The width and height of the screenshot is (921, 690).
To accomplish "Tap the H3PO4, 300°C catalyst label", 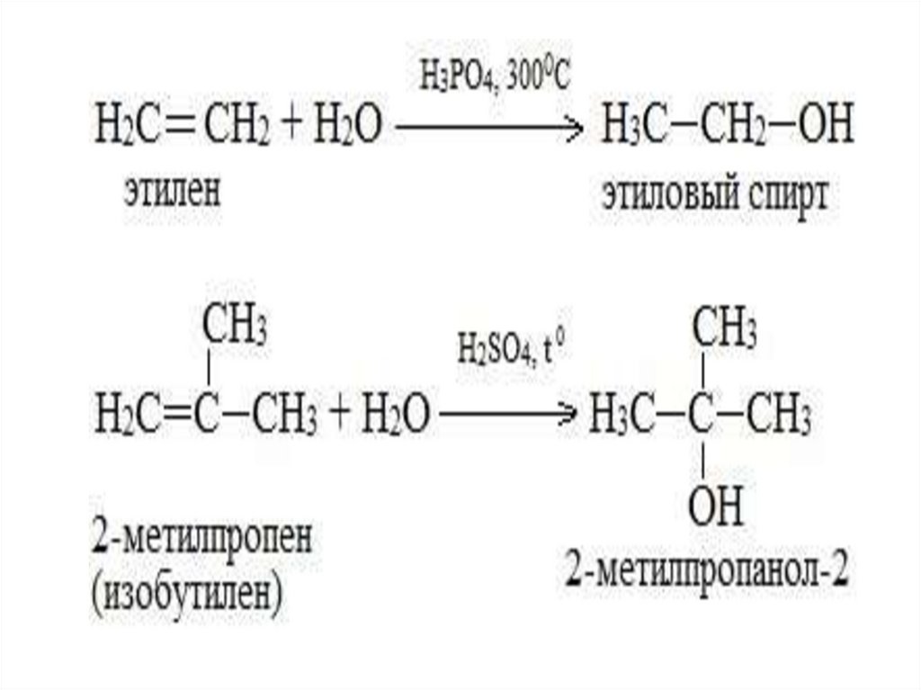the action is (494, 78).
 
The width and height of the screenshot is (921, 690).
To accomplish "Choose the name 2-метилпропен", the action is (202, 541).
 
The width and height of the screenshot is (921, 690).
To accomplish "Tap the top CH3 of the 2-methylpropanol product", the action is (722, 329).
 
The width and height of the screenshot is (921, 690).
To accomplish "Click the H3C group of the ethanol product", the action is (627, 130).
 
